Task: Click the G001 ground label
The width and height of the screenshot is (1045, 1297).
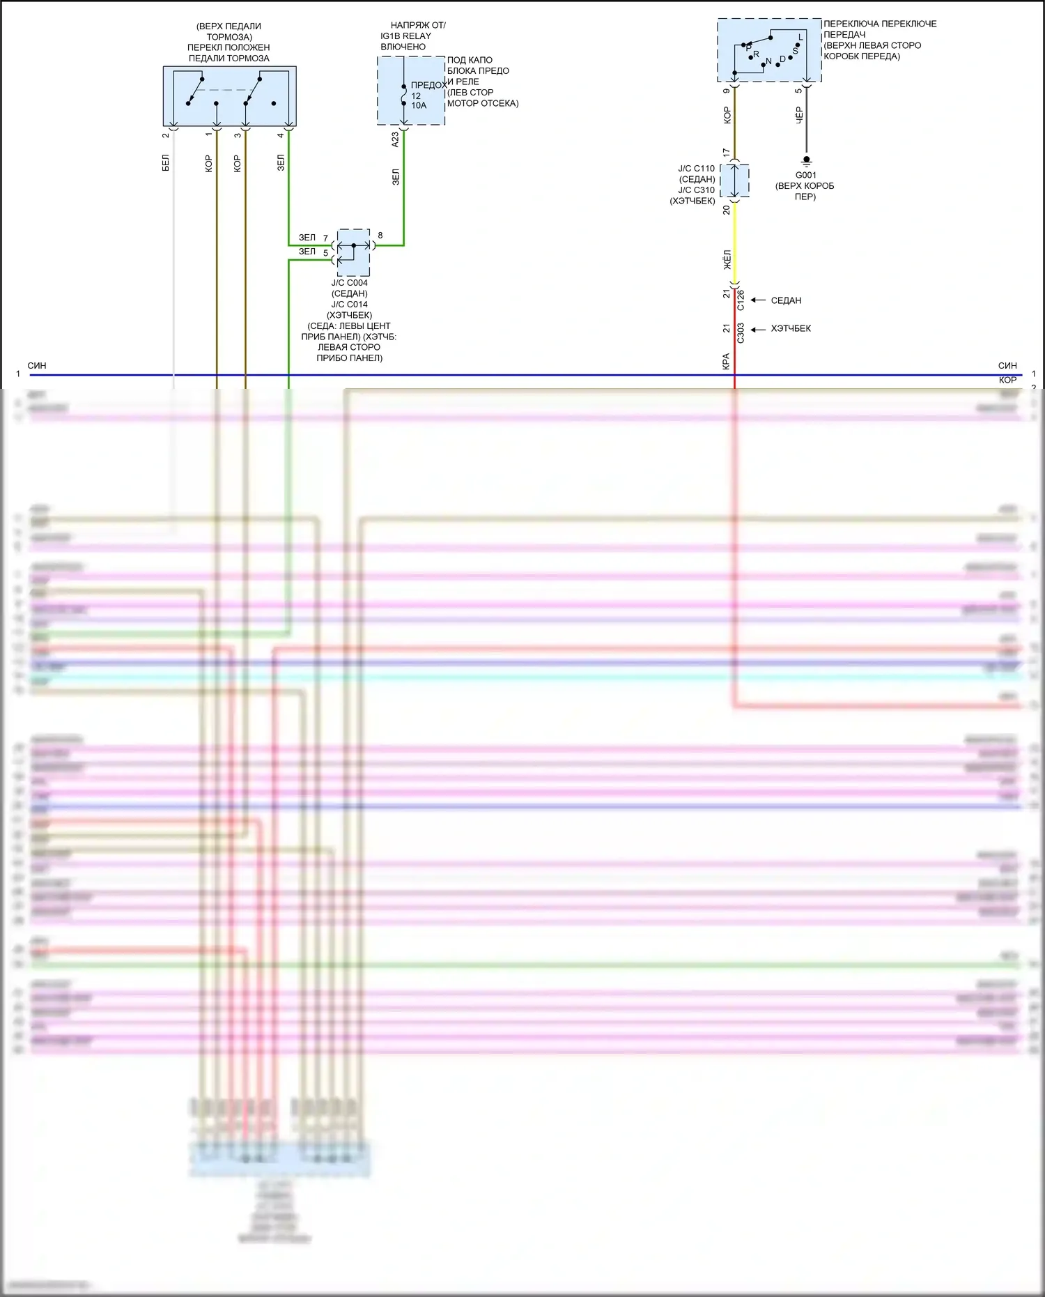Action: tap(805, 175)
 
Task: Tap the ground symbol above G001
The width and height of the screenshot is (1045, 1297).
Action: tap(806, 160)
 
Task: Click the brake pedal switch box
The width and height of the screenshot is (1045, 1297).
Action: tap(229, 95)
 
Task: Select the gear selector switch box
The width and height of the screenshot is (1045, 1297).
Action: tap(769, 50)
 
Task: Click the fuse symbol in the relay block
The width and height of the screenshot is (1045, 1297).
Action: tap(404, 95)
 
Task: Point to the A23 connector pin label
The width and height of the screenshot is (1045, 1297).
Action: tap(395, 139)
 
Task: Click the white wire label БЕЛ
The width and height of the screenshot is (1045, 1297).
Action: tap(166, 163)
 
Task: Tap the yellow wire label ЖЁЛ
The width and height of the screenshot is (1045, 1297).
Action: tap(727, 260)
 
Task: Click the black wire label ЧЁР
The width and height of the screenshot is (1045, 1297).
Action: tap(799, 116)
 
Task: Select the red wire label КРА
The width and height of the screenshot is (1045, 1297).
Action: tap(726, 361)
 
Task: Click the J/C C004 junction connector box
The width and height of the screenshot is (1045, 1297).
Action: tap(353, 252)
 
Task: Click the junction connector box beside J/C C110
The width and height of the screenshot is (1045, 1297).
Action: tap(734, 181)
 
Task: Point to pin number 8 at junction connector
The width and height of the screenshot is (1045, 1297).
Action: tap(380, 236)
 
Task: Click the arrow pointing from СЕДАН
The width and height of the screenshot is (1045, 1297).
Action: tap(758, 300)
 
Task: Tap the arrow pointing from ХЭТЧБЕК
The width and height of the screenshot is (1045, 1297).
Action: tap(758, 329)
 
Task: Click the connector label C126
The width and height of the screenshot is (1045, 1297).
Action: tap(741, 300)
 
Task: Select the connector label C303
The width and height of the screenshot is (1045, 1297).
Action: tap(741, 333)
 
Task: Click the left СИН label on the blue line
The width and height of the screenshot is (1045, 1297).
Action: tap(37, 365)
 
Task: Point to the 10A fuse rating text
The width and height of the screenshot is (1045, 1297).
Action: tap(419, 106)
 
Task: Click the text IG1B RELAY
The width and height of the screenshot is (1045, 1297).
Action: tap(405, 36)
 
